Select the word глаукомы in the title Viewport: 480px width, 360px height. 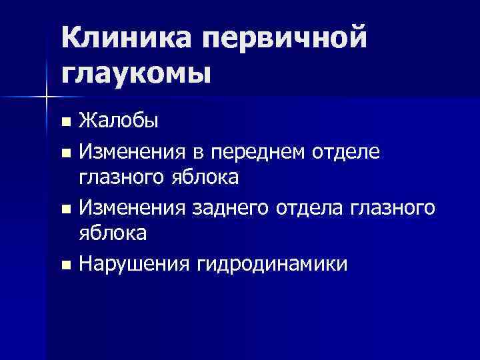click(137, 72)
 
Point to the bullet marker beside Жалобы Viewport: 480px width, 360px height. click(65, 122)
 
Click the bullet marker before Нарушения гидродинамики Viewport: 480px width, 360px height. click(65, 265)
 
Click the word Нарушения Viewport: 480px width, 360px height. click(135, 265)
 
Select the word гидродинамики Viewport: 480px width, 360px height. click(272, 265)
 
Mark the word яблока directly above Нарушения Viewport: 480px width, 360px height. click(113, 235)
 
